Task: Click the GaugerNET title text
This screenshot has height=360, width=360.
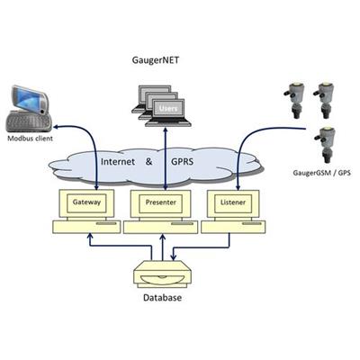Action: tap(156, 60)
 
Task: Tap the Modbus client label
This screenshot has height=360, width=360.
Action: tap(30, 139)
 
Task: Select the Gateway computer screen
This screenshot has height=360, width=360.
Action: tap(86, 203)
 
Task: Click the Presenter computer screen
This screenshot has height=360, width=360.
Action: tap(160, 203)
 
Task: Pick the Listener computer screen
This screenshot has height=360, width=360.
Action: tap(233, 203)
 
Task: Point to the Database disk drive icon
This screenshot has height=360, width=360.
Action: tap(163, 274)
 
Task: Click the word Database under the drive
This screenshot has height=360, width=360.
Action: tap(162, 298)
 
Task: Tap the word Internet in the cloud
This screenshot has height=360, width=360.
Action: tap(118, 162)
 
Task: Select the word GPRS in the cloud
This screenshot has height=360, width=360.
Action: tap(182, 162)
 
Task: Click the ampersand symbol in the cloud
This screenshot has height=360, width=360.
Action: tap(148, 162)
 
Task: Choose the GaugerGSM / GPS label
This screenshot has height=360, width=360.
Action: tap(321, 173)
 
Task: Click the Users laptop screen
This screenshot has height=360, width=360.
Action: tap(168, 108)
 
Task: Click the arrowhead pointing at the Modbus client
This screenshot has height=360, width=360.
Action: tap(57, 127)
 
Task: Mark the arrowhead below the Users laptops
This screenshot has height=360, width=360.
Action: tap(165, 130)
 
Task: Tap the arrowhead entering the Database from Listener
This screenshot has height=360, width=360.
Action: tap(173, 257)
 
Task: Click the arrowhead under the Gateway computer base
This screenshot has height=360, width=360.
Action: tap(89, 237)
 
